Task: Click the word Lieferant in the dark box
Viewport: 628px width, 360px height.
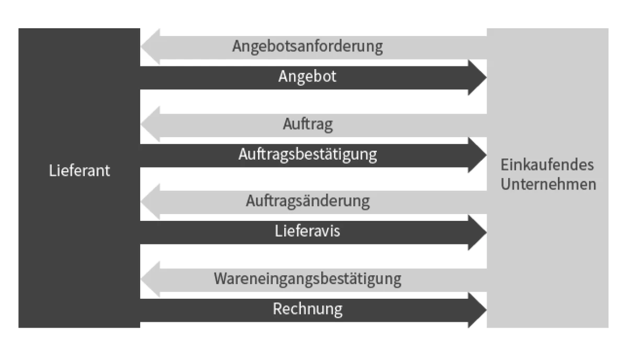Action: (80, 171)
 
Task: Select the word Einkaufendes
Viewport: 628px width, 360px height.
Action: (547, 165)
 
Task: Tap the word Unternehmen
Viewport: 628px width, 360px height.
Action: (548, 184)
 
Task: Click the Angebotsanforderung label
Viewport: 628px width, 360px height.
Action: (308, 47)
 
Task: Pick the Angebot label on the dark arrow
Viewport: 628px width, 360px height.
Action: (307, 76)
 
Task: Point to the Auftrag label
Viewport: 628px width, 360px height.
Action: (308, 124)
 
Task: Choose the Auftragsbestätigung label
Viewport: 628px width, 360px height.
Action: (308, 154)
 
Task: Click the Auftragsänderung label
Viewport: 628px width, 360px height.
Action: (308, 201)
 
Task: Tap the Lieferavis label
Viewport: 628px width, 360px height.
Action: (307, 231)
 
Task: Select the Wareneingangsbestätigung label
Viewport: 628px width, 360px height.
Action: (308, 279)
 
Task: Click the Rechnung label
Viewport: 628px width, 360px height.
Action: (308, 309)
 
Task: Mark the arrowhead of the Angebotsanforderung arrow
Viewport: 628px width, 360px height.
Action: (150, 47)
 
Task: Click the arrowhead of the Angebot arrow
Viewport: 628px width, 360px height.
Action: (477, 77)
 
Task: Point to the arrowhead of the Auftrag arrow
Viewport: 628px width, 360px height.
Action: (150, 124)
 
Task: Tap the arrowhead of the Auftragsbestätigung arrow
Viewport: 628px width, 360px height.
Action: (477, 155)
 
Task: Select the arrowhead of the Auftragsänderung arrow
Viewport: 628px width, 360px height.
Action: (150, 201)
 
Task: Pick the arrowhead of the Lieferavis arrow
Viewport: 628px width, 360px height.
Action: (477, 232)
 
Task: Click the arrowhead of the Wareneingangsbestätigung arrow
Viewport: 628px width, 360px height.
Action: (150, 279)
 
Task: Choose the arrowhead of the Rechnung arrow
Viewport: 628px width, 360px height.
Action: (477, 310)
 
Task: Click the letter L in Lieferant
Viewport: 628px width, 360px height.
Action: (53, 171)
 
